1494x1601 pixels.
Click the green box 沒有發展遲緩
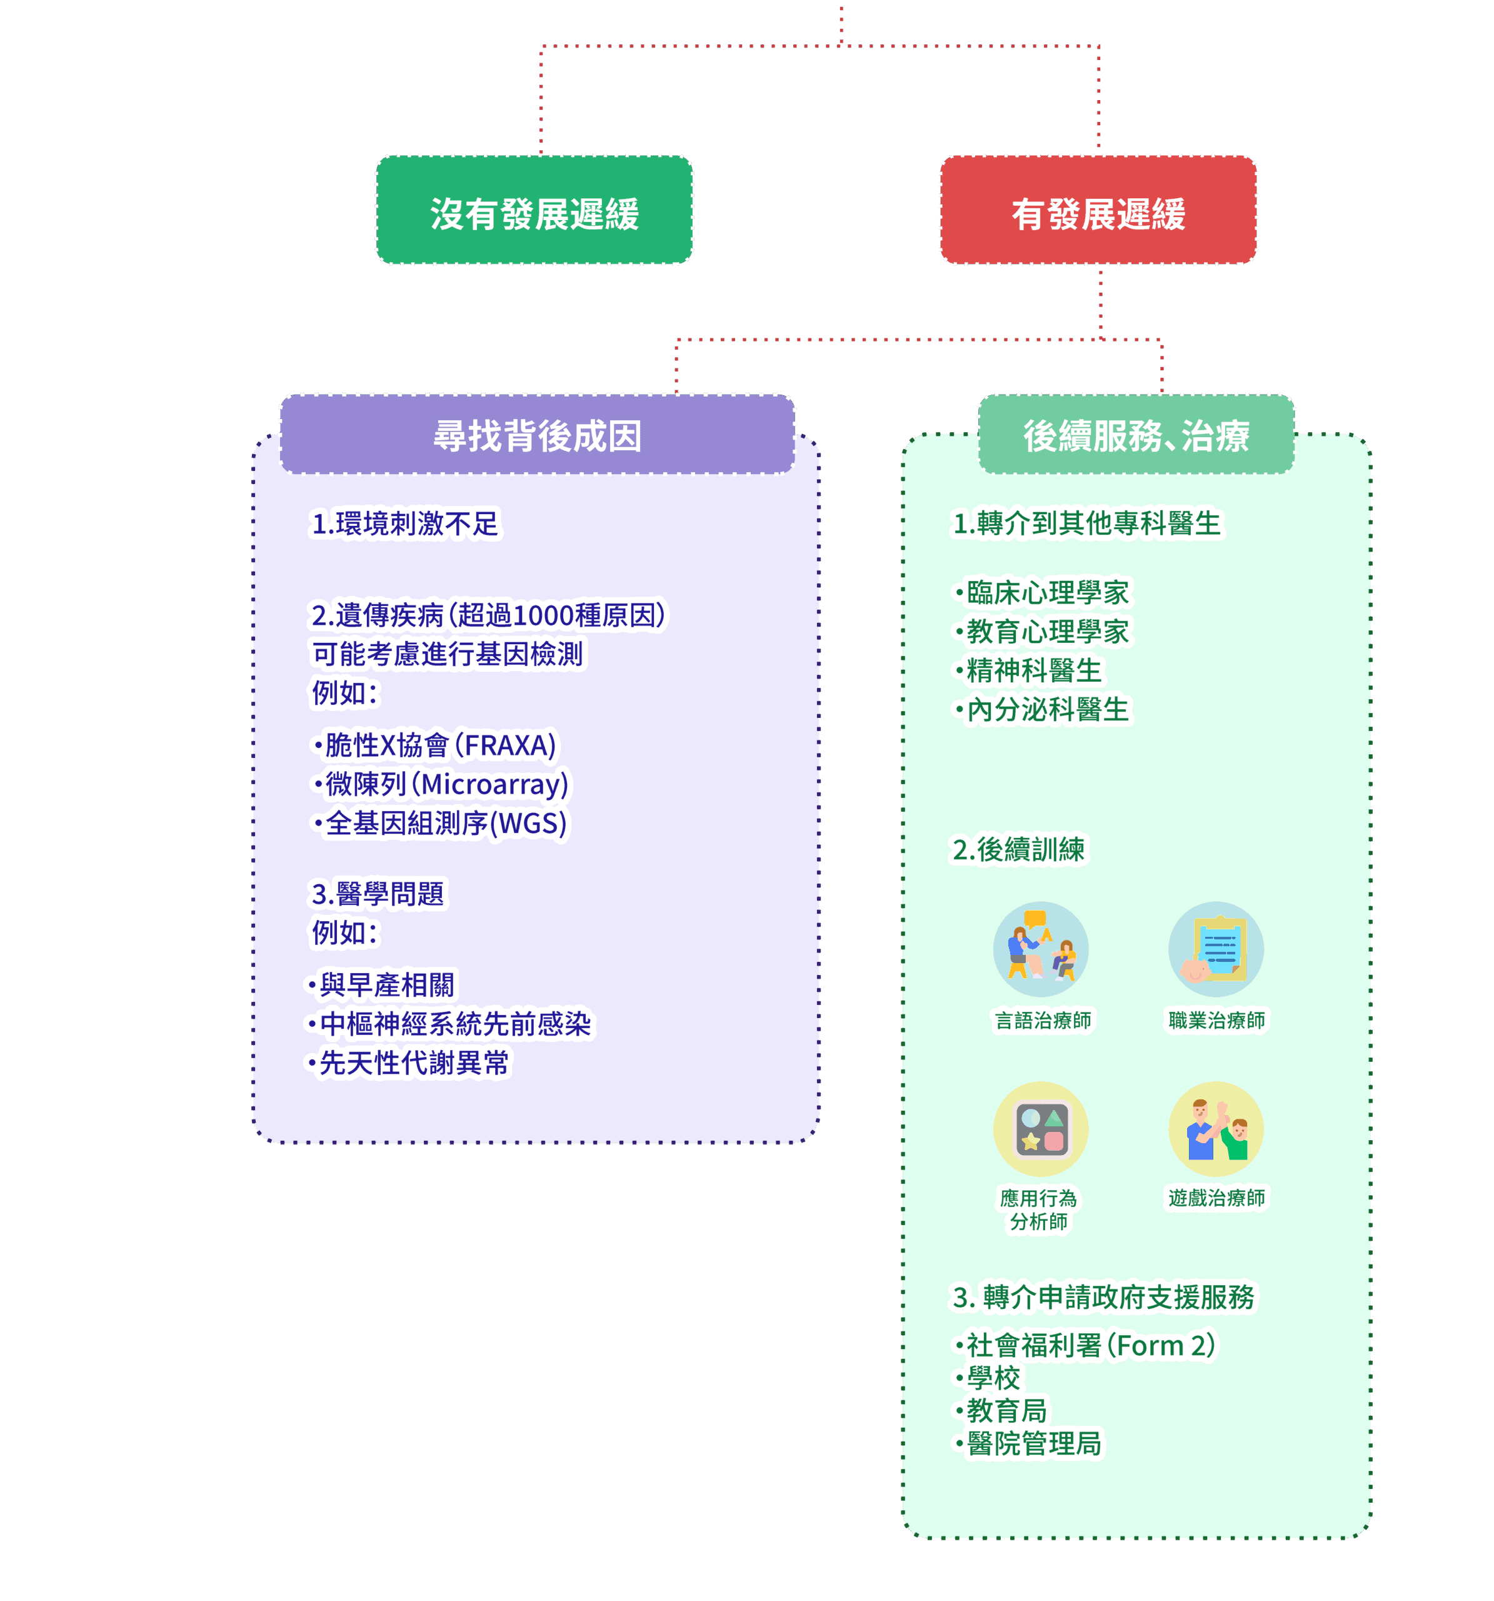(534, 211)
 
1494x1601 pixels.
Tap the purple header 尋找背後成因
(537, 435)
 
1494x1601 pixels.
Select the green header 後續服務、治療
(1136, 435)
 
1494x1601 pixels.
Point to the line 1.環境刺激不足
(405, 523)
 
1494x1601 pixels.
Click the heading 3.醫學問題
(378, 893)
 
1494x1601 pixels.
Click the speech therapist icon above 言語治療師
(1040, 949)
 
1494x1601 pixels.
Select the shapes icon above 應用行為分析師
(1040, 1129)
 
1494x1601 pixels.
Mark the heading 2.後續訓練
(1018, 849)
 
